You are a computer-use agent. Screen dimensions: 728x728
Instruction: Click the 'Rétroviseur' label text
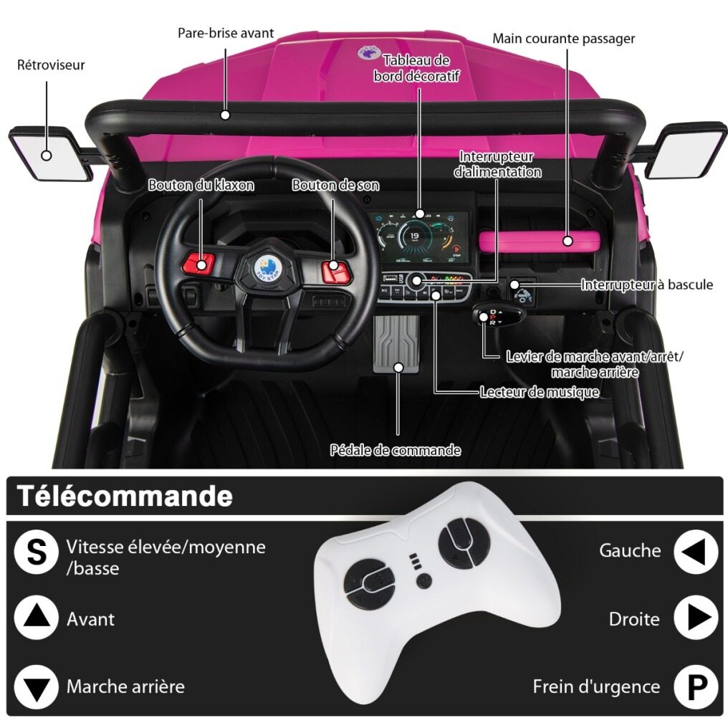coord(51,64)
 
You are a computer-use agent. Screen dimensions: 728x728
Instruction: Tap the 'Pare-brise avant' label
coord(226,33)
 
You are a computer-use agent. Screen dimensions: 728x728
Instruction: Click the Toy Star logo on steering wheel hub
coord(266,268)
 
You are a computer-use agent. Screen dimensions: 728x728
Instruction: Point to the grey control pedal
coord(396,344)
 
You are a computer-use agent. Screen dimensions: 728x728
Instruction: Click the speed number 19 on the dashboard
coord(414,236)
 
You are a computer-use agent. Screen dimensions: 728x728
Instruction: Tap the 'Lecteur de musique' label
coord(540,393)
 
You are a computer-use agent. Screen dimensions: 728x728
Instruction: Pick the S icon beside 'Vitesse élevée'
coord(37,552)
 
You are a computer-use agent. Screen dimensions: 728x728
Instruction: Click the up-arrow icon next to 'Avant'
coord(37,618)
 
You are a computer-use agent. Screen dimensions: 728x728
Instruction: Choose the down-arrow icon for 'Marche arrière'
coord(37,687)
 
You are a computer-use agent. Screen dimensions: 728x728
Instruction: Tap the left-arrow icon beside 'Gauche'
coord(696,552)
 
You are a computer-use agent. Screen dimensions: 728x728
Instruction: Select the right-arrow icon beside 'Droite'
coord(696,618)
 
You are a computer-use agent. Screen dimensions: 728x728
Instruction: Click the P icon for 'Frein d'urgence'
coord(696,687)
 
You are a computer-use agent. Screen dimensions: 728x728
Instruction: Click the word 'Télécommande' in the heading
coord(125,497)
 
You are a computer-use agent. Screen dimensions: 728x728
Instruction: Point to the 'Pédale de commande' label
coord(396,450)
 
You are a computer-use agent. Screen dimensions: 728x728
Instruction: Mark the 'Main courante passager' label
coord(564,39)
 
